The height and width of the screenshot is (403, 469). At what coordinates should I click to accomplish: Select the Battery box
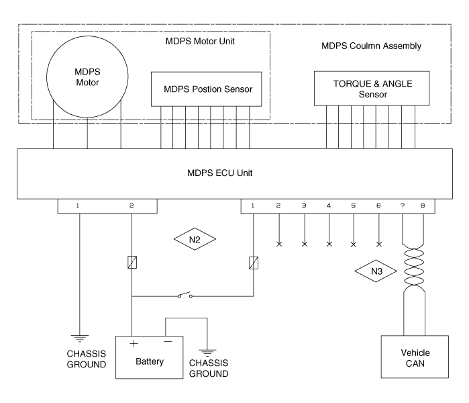(x=150, y=360)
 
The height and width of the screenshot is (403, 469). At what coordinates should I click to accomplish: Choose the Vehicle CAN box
(x=415, y=359)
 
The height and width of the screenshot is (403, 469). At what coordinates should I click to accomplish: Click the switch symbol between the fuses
(x=186, y=296)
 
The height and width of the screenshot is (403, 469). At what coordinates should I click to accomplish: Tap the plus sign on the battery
(x=134, y=343)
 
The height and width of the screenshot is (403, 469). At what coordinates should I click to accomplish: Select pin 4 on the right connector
(x=329, y=204)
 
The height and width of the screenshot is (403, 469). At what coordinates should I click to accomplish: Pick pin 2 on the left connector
(x=132, y=204)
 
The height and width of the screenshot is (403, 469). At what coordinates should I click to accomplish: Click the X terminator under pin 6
(x=379, y=244)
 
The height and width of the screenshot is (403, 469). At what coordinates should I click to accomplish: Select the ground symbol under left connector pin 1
(x=79, y=338)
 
